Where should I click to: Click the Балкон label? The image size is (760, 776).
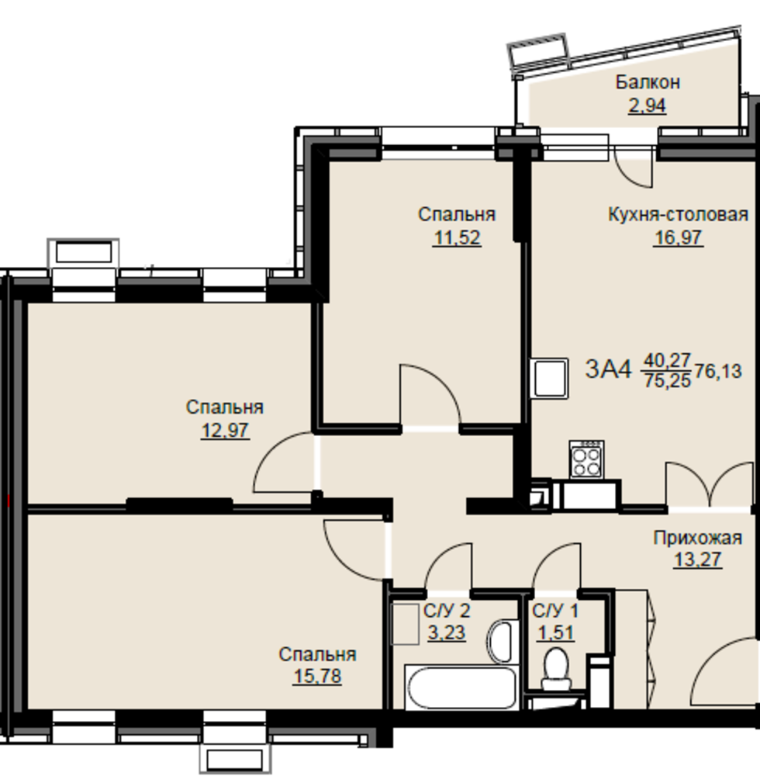648,82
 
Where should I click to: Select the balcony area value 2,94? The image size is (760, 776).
648,106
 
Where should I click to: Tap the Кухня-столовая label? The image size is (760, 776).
678,215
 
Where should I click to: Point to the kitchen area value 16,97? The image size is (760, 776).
678,237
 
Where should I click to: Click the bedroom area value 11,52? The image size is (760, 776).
457,238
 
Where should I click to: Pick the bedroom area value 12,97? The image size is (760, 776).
225,431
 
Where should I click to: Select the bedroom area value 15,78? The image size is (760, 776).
317,676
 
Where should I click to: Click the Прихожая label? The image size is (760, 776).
698,538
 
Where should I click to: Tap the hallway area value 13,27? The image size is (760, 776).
698,559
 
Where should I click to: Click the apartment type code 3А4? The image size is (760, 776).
608,369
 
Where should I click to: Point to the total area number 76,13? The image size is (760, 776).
718,371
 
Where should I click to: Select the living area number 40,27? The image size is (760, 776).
667,360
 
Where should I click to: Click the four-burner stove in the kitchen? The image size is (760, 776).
586,459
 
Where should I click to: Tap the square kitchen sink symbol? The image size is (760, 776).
549,379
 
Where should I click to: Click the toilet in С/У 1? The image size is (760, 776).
556,670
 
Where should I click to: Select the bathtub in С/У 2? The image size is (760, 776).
461,688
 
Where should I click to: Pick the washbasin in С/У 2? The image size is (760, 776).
502,641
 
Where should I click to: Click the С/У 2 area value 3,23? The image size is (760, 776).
447,633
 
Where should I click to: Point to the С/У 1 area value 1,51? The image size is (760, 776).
556,633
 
